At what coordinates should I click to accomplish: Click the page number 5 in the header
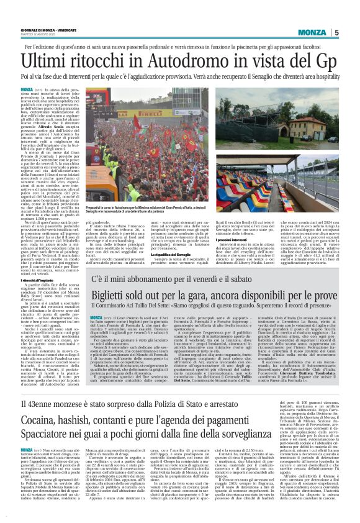pyautogui.click(x=336, y=33)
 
